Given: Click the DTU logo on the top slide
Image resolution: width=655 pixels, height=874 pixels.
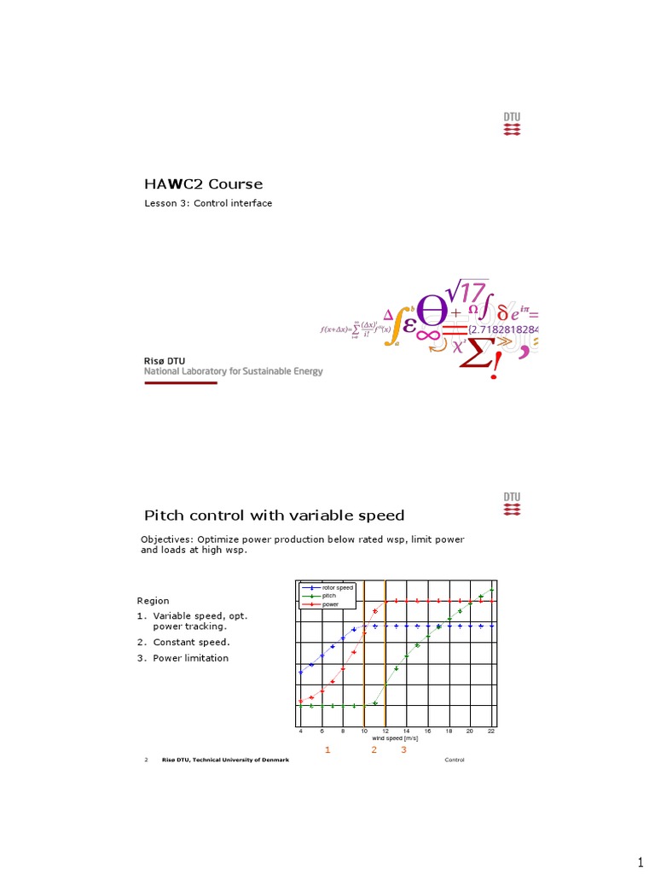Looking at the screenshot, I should [512, 125].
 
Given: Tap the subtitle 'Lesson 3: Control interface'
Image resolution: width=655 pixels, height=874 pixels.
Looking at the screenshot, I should [208, 203].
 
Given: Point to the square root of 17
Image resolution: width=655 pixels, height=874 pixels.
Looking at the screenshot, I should [467, 293].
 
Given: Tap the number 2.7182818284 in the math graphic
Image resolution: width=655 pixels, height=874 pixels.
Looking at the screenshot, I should [503, 329].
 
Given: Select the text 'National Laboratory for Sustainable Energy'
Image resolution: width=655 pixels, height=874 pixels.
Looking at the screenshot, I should [233, 371].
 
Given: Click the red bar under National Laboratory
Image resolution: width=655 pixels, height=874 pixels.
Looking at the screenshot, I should [180, 382].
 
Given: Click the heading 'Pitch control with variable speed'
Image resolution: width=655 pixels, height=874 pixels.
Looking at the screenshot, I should [274, 516].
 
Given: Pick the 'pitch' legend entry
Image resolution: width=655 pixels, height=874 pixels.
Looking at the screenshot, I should [328, 596].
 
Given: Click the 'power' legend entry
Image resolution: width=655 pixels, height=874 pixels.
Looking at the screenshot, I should [330, 603].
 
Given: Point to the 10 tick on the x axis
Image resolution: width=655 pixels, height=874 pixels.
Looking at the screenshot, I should [364, 731].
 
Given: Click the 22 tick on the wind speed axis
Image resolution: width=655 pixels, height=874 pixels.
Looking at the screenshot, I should [491, 731].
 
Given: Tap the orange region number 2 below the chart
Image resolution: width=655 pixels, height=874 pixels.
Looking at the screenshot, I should [374, 750].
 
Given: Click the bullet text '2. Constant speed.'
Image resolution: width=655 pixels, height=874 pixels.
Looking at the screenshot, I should [183, 642].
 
